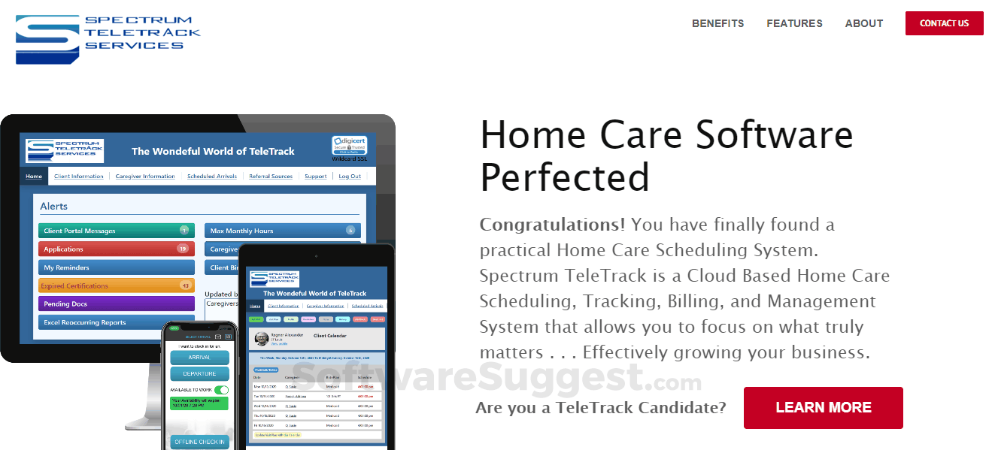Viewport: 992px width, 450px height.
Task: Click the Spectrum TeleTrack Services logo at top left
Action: coord(108,38)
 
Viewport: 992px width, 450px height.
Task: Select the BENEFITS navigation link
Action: coord(717,23)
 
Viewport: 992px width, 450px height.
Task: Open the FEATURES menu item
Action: coord(794,23)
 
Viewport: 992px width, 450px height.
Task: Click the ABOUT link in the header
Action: coord(863,23)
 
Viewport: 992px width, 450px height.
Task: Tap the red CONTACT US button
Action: coord(944,23)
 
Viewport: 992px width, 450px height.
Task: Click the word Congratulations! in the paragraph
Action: coord(552,225)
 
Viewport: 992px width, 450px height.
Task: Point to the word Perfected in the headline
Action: coord(564,177)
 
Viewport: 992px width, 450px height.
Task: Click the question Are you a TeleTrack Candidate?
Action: coord(600,408)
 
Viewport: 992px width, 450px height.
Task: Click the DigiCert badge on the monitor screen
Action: coord(350,146)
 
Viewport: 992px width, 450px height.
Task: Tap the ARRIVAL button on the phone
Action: coord(199,358)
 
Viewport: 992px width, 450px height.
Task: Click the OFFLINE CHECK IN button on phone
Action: coord(199,442)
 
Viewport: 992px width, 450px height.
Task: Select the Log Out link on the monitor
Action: coord(350,177)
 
